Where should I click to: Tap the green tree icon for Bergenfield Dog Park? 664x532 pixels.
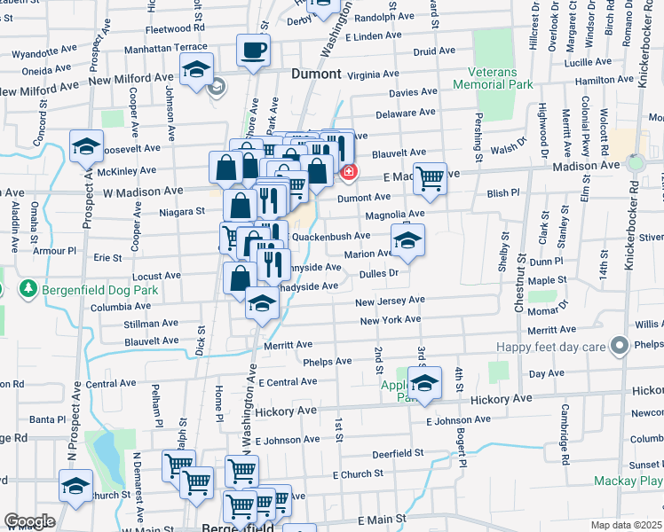pyautogui.click(x=28, y=289)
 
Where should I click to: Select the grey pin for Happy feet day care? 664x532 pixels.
pyautogui.click(x=620, y=345)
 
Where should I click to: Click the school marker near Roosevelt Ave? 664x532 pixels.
pyautogui.click(x=87, y=147)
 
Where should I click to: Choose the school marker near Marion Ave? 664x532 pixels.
pyautogui.click(x=407, y=240)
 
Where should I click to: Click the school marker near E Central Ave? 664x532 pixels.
pyautogui.click(x=425, y=383)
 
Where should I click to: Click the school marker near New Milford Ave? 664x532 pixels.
pyautogui.click(x=196, y=70)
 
